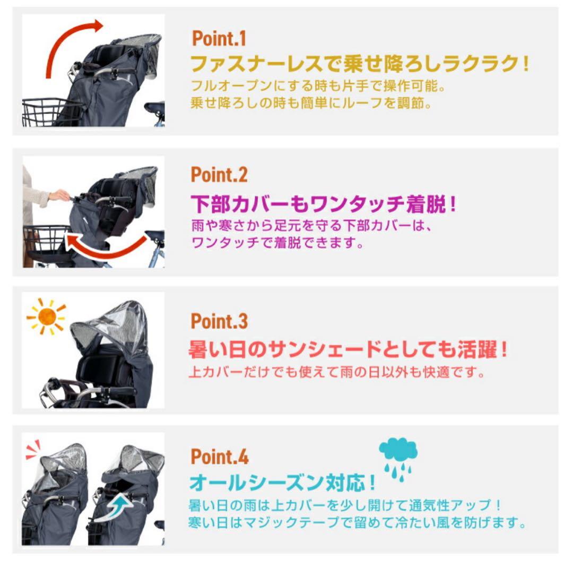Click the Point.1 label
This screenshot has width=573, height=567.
pos(219,38)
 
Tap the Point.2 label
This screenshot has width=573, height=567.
pos(219,174)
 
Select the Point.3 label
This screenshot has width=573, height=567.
pos(219,321)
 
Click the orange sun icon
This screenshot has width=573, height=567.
pos(47,317)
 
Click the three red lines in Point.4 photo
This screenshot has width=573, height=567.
pos(33,450)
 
